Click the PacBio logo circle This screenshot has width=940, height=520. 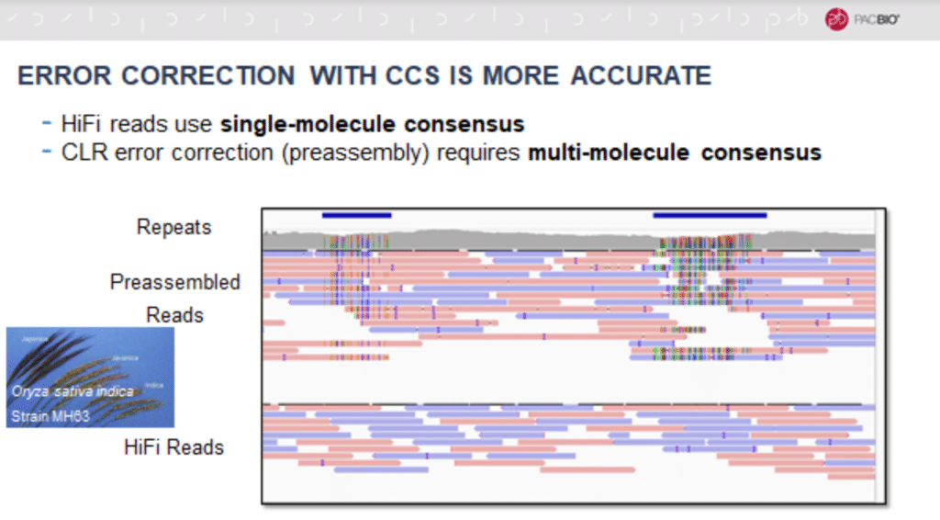pos(836,19)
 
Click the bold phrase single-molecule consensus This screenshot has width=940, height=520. pos(372,123)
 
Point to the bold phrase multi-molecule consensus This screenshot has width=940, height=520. pos(674,152)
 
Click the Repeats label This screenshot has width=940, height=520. pos(173,227)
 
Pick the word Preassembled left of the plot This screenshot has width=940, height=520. pos(175,282)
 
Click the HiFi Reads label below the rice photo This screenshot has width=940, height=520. pos(173,447)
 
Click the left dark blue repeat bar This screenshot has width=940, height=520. pos(356,215)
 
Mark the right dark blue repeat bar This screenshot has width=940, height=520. pos(710,215)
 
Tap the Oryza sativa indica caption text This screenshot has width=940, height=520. pos(73,391)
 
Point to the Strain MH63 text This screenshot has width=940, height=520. pos(51,416)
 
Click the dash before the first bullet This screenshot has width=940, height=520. pos(47,123)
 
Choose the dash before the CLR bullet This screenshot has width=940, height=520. pos(47,152)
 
